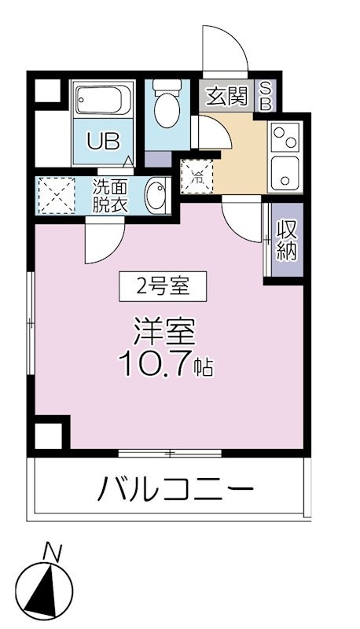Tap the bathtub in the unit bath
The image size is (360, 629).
[105, 101]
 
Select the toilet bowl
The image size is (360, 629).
[167, 109]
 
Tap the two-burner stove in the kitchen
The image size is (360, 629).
[285, 139]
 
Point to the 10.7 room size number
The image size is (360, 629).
[154, 363]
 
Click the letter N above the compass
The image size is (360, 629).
[52, 552]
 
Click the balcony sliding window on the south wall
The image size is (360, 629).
[170, 453]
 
